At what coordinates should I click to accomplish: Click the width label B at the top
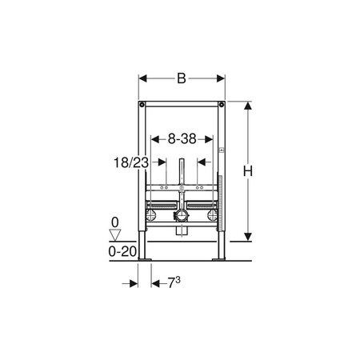pos(182,78)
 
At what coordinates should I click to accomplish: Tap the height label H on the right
pos(248,171)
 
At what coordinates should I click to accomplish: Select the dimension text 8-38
pos(182,139)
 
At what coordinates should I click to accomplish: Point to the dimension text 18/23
pos(131,162)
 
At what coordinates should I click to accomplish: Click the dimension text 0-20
pos(122,251)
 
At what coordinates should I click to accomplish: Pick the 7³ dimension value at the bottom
pos(174,282)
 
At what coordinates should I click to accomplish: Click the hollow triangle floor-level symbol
pos(115,235)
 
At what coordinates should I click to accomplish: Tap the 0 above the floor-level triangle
pos(115,222)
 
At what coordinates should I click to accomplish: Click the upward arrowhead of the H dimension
pos(248,106)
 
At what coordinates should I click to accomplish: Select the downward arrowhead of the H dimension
pos(248,237)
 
